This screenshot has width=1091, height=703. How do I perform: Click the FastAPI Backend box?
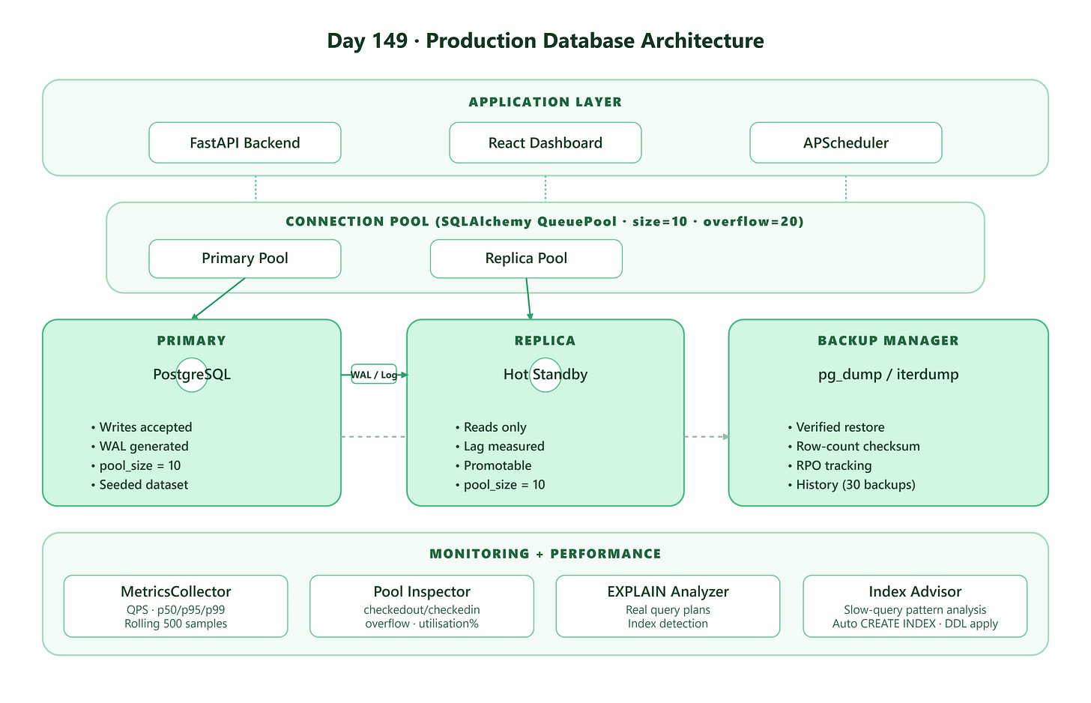(x=244, y=142)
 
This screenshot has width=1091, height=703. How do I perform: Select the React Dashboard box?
(x=545, y=142)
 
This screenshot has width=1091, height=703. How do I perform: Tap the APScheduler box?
(x=845, y=142)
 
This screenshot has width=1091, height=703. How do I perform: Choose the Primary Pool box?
(x=244, y=259)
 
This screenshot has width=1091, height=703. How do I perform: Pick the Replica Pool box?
(x=526, y=259)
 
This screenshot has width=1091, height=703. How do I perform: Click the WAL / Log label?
(x=374, y=374)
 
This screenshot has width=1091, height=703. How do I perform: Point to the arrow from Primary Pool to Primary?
(x=218, y=298)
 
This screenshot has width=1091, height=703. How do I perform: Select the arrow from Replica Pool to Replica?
(x=528, y=298)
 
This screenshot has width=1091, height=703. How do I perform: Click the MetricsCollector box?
(x=175, y=606)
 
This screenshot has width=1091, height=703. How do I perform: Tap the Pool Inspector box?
(x=422, y=606)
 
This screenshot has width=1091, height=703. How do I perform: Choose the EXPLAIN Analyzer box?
(x=668, y=606)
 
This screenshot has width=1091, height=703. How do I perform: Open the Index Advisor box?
(x=915, y=606)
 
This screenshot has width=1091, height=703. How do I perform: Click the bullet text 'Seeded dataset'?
(x=144, y=484)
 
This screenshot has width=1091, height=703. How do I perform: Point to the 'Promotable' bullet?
(x=498, y=465)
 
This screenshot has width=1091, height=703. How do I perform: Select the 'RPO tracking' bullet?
(x=834, y=465)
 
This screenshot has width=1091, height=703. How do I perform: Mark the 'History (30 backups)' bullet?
(x=856, y=484)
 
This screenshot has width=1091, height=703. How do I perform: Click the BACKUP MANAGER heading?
(x=888, y=340)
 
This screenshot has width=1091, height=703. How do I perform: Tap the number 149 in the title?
(x=390, y=40)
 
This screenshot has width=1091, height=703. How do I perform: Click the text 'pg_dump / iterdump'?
(x=888, y=375)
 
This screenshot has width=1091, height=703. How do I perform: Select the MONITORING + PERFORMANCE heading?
(x=545, y=554)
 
